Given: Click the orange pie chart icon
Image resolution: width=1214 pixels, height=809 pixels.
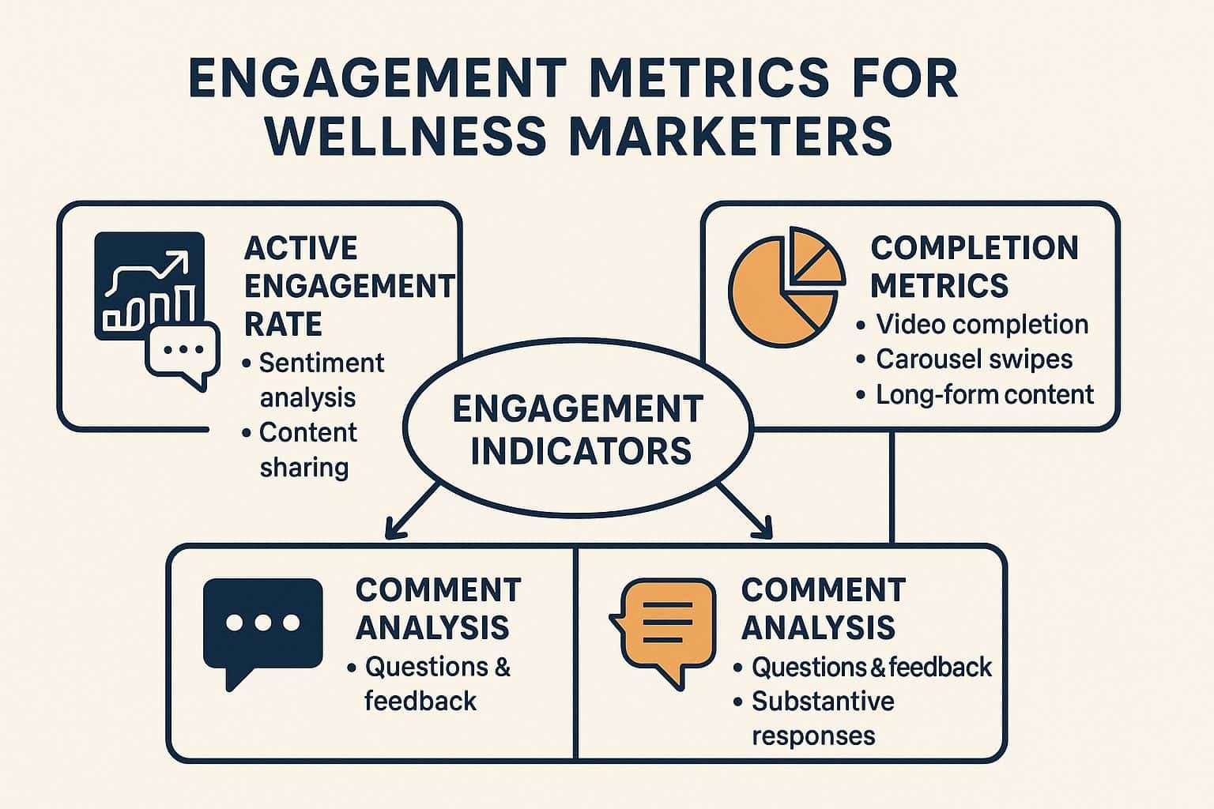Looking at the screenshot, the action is point(786,287).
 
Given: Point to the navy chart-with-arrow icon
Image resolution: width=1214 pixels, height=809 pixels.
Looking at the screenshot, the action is point(149,285).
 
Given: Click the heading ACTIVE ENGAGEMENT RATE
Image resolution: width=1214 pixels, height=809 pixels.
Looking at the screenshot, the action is point(349,285).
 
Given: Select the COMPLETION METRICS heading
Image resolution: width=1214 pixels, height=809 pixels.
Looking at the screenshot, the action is point(974,266).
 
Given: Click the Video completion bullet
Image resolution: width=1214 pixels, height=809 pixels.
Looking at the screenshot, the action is point(972,325).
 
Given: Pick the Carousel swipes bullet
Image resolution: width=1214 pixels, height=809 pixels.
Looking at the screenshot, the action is point(964,359).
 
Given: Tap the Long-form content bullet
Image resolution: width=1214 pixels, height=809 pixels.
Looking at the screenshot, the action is point(975,394).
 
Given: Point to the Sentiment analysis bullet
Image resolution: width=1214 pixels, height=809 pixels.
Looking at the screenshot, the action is point(313,380).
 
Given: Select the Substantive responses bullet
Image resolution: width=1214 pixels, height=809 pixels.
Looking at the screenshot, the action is point(813,718).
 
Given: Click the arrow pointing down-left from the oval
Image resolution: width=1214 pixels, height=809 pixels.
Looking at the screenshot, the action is point(411,510).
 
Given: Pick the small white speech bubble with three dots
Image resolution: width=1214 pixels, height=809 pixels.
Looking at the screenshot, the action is point(183,355).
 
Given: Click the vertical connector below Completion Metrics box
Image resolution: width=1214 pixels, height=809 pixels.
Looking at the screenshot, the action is point(892,487).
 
